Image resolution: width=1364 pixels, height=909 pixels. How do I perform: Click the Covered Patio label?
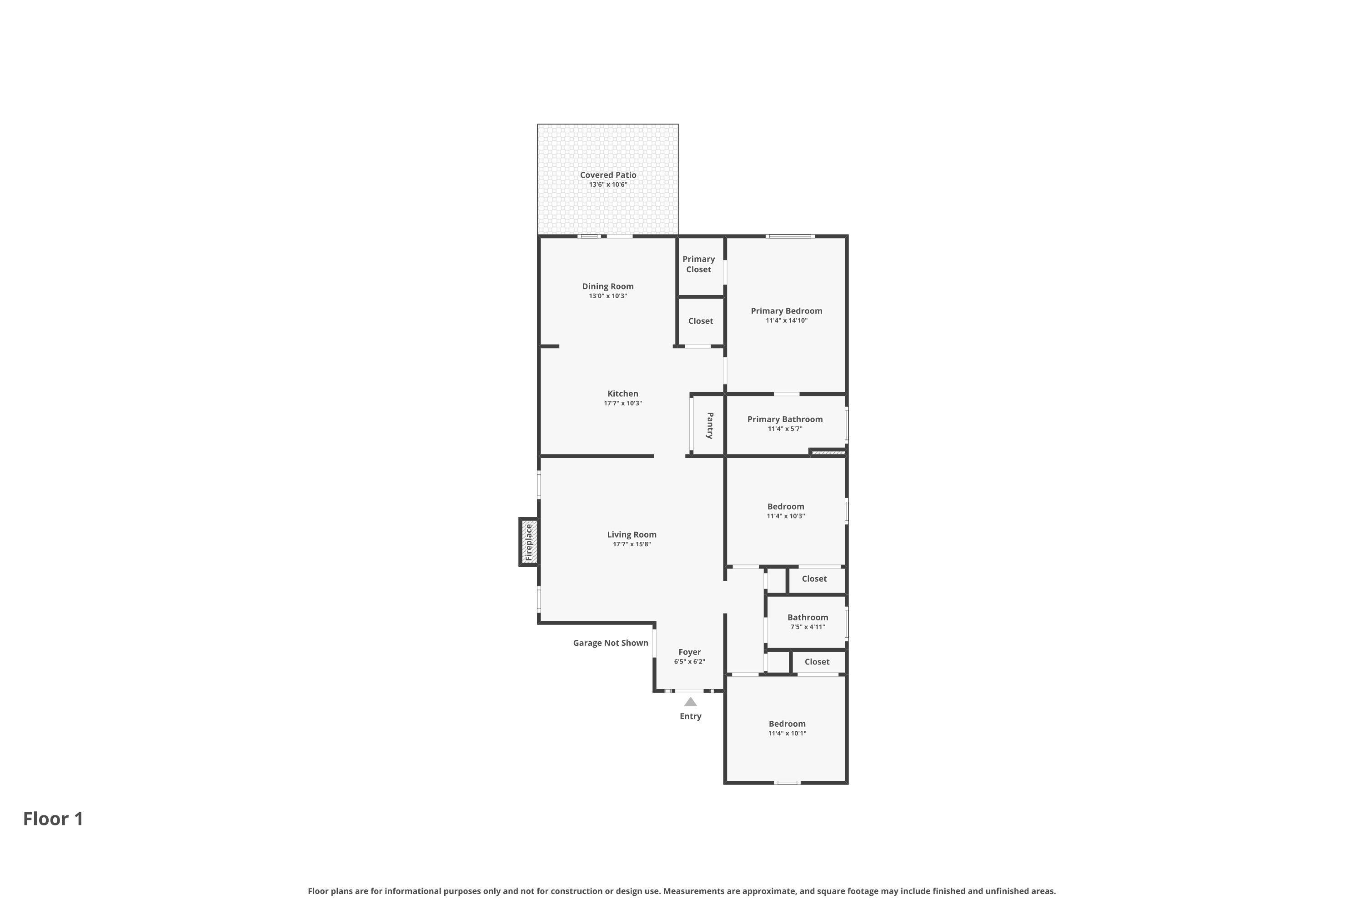608,175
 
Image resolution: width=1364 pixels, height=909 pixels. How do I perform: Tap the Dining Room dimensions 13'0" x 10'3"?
608,296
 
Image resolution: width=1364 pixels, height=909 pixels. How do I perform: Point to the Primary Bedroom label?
787,311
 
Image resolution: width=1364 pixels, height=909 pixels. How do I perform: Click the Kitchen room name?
623,394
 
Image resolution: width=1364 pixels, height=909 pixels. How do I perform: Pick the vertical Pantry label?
710,425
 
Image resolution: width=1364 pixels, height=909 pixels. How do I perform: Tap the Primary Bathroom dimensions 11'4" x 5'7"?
785,429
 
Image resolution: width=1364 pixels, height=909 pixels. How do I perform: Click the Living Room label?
632,534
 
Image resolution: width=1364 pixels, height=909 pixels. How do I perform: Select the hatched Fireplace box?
528,542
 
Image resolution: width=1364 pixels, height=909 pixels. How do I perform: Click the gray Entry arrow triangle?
690,702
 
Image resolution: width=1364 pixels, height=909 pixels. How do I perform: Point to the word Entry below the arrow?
691,717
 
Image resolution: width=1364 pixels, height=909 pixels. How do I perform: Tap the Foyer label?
690,652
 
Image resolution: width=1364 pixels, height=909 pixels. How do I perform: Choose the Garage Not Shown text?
611,643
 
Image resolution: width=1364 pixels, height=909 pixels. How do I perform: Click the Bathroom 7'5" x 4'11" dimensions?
808,627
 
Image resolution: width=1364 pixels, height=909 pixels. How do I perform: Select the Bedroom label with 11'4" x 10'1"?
787,724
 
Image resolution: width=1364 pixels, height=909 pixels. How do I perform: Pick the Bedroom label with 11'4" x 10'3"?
786,507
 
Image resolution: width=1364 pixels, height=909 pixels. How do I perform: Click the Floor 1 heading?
53,819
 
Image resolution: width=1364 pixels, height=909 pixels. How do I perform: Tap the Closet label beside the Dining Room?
701,321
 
